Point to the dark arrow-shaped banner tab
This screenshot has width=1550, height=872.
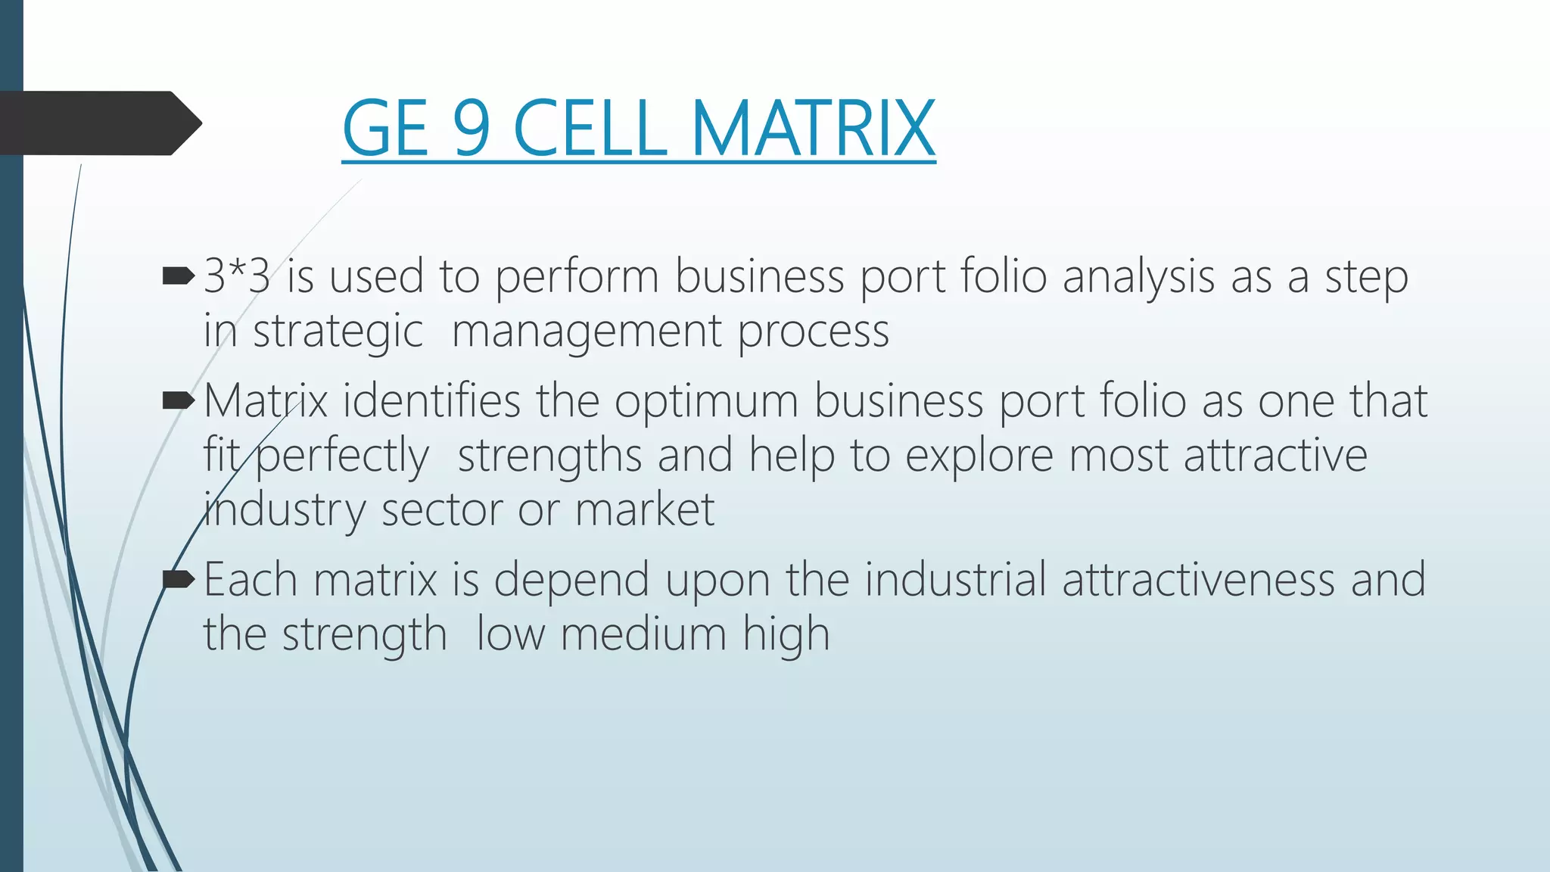pos(98,123)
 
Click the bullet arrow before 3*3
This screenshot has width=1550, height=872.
pos(179,276)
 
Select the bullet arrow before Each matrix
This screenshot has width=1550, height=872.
pos(179,580)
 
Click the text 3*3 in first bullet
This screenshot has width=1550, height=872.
pos(237,276)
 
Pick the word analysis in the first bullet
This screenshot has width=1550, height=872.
pos(1138,278)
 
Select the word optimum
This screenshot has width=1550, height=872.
pos(706,402)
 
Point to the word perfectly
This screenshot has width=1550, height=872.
pos(342,456)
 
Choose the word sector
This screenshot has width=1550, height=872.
pos(441,510)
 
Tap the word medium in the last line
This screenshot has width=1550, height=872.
pos(643,634)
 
